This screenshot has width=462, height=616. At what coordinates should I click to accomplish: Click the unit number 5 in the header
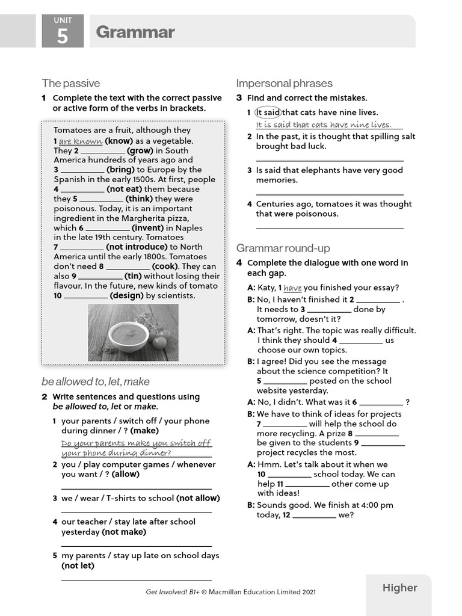coord(63,36)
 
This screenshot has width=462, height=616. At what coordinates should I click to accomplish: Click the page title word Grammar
coord(135,32)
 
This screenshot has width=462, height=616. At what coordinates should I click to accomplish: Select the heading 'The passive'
coord(71,83)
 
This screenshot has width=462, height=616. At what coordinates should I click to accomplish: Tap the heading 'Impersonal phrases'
coord(284,83)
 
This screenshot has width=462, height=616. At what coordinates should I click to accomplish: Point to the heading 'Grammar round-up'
coord(283,248)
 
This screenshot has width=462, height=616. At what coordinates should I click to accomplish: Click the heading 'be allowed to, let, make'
coord(96,381)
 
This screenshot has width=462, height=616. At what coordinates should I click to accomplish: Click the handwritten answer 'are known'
coord(81,141)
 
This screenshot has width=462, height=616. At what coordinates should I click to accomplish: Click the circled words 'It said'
coord(268,112)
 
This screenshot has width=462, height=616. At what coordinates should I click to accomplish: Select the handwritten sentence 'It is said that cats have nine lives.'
coord(323,125)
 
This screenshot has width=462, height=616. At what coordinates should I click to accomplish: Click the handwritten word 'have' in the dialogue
coord(292,288)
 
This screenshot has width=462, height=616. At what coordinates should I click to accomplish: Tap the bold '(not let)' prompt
coord(78,565)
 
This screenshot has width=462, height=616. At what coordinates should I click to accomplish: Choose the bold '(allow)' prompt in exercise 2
coord(126,474)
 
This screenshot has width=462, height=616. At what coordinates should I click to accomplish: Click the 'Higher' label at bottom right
coord(399,588)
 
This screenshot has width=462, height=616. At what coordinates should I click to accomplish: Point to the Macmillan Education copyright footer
coord(230,592)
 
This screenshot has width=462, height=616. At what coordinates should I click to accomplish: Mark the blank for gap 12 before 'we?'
coord(314,516)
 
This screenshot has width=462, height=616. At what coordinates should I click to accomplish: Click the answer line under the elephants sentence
coord(330,194)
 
